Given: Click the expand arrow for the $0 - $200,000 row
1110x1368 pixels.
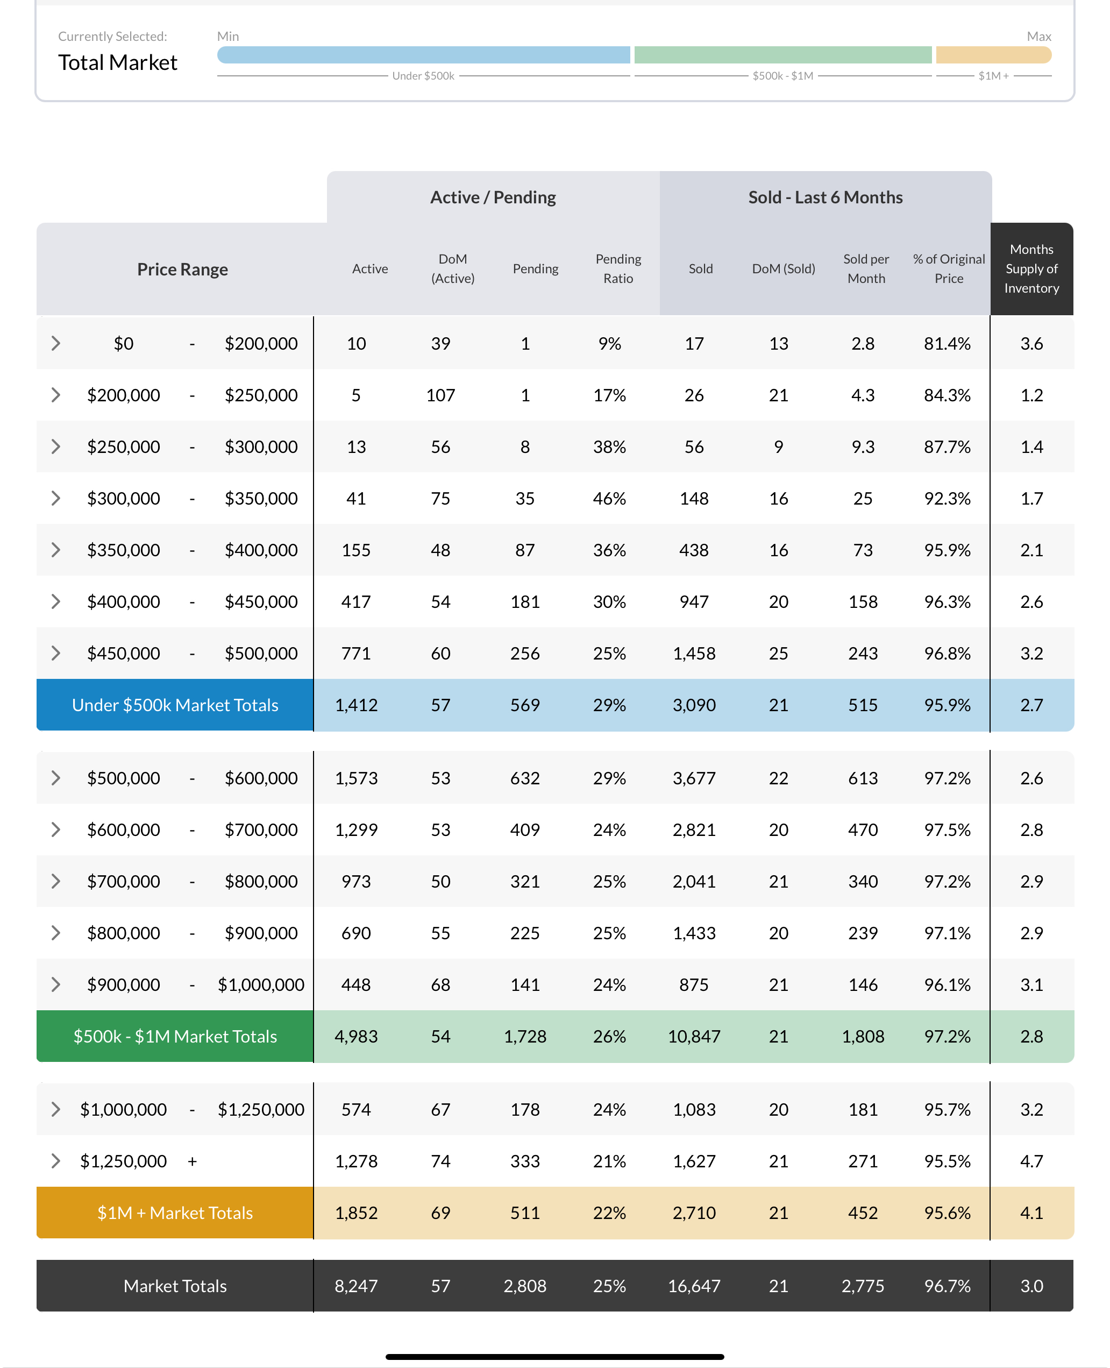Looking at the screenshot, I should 55,343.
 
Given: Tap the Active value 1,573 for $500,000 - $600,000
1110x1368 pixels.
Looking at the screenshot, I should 356,778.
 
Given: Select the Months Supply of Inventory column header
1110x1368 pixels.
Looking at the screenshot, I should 1031,268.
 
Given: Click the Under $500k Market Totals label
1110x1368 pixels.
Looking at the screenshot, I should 175,705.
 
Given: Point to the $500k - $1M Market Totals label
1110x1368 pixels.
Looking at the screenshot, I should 175,1036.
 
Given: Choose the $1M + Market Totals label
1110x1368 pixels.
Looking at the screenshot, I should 175,1213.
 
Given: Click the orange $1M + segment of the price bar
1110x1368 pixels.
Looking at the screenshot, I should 993,55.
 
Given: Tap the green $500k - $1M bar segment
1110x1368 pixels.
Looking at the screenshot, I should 782,55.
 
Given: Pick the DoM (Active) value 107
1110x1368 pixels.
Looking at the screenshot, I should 440,395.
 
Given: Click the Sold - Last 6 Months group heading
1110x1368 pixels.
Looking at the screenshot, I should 825,197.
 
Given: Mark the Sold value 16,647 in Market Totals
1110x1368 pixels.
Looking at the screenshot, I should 694,1286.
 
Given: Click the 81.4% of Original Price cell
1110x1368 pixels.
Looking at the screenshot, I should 947,343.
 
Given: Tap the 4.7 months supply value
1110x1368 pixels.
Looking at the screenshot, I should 1031,1161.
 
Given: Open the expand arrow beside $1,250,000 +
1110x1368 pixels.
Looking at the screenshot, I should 55,1161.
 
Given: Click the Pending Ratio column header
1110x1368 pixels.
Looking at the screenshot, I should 618,268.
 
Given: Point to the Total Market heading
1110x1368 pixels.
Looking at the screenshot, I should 118,63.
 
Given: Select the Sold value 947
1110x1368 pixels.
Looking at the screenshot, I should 694,602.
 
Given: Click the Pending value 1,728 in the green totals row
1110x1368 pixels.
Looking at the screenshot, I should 524,1036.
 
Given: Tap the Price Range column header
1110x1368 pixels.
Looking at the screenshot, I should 182,270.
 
